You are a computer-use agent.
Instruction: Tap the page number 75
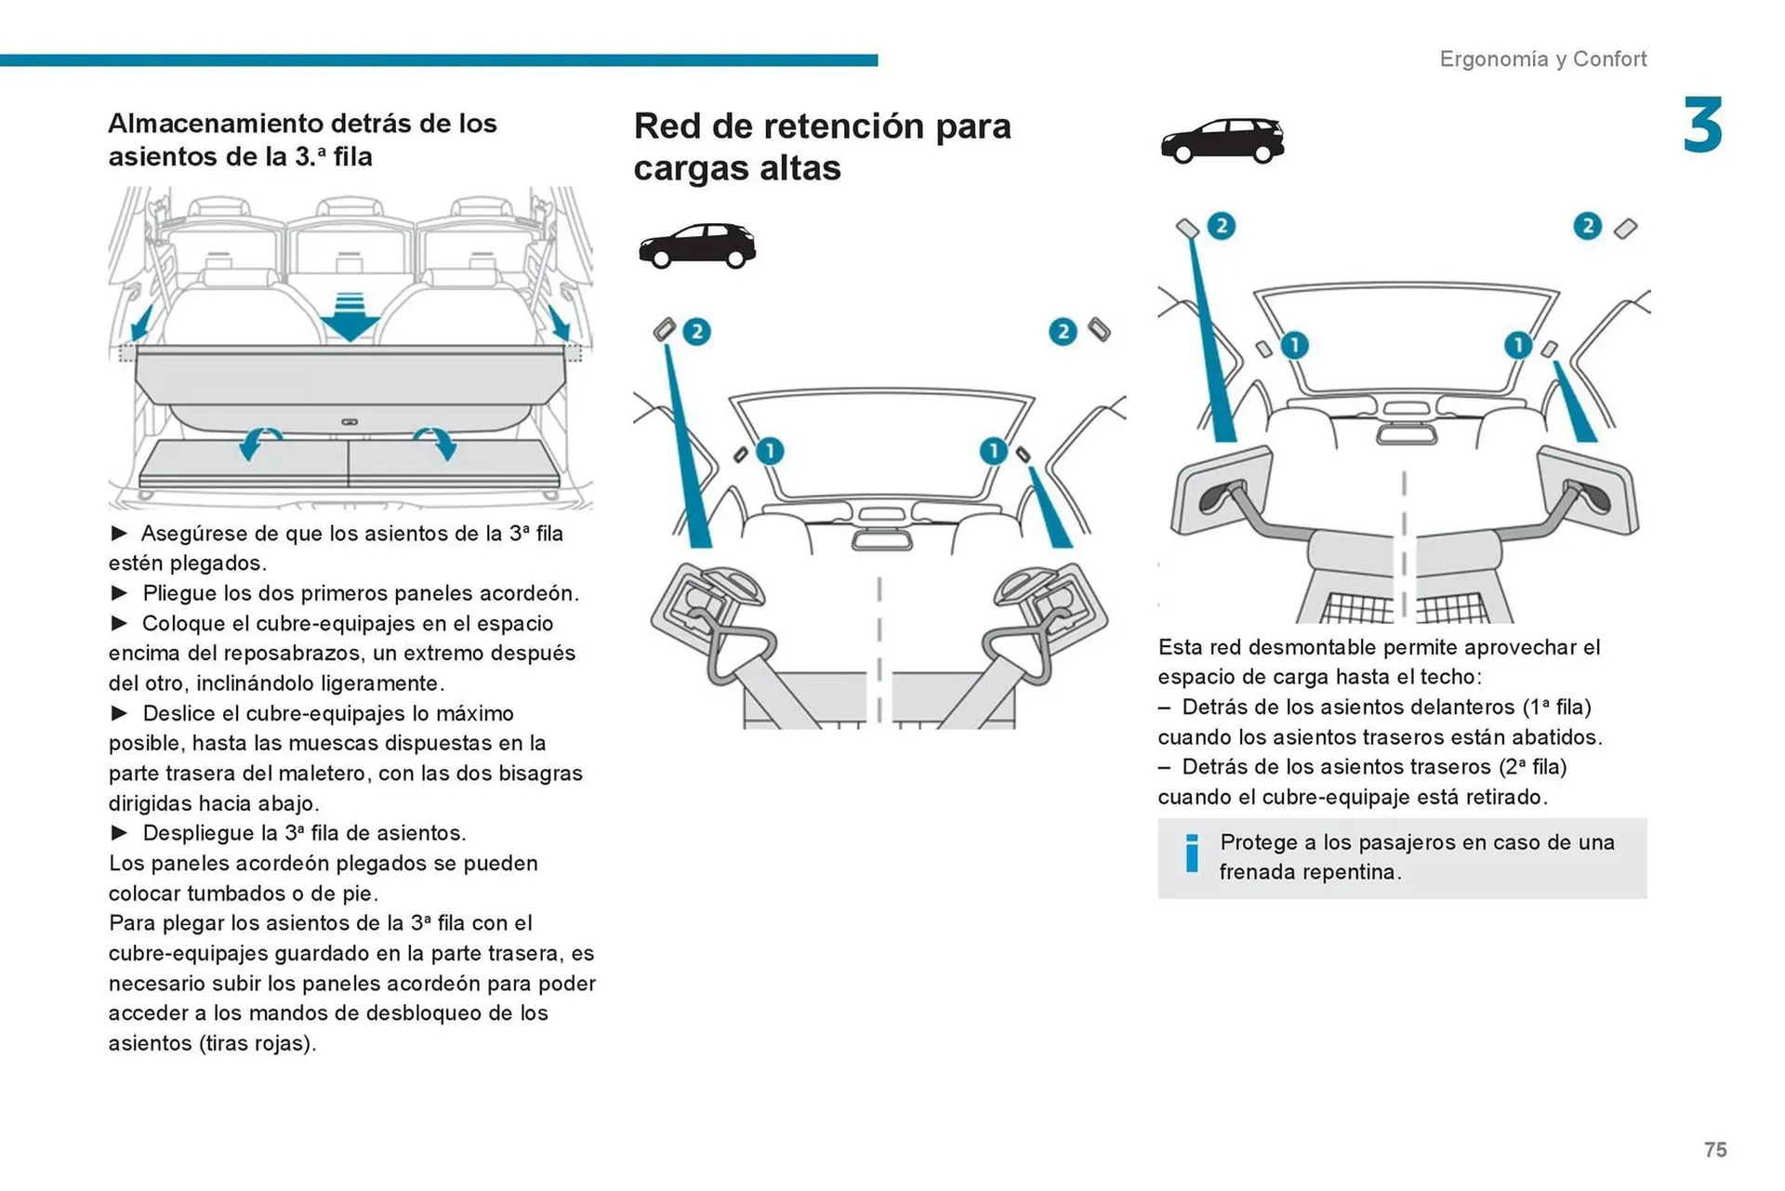coord(1715,1149)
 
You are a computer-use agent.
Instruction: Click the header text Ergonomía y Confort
coord(1542,59)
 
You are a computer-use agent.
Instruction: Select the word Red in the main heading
coord(667,126)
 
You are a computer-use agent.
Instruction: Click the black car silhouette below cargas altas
coord(697,245)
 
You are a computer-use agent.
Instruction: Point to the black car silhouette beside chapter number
coord(1222,141)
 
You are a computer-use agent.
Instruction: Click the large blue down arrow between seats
coord(350,318)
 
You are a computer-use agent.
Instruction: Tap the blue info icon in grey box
coord(1192,854)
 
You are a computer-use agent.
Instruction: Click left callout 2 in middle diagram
coord(696,332)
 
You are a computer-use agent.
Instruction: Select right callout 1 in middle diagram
coord(993,451)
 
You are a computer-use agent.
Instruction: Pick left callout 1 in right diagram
coord(1294,346)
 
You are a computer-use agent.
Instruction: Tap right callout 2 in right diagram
coord(1587,226)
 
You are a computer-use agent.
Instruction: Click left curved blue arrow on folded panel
coord(258,443)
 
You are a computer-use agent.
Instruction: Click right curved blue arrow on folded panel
coord(437,443)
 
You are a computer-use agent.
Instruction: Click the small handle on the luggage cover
coord(350,422)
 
